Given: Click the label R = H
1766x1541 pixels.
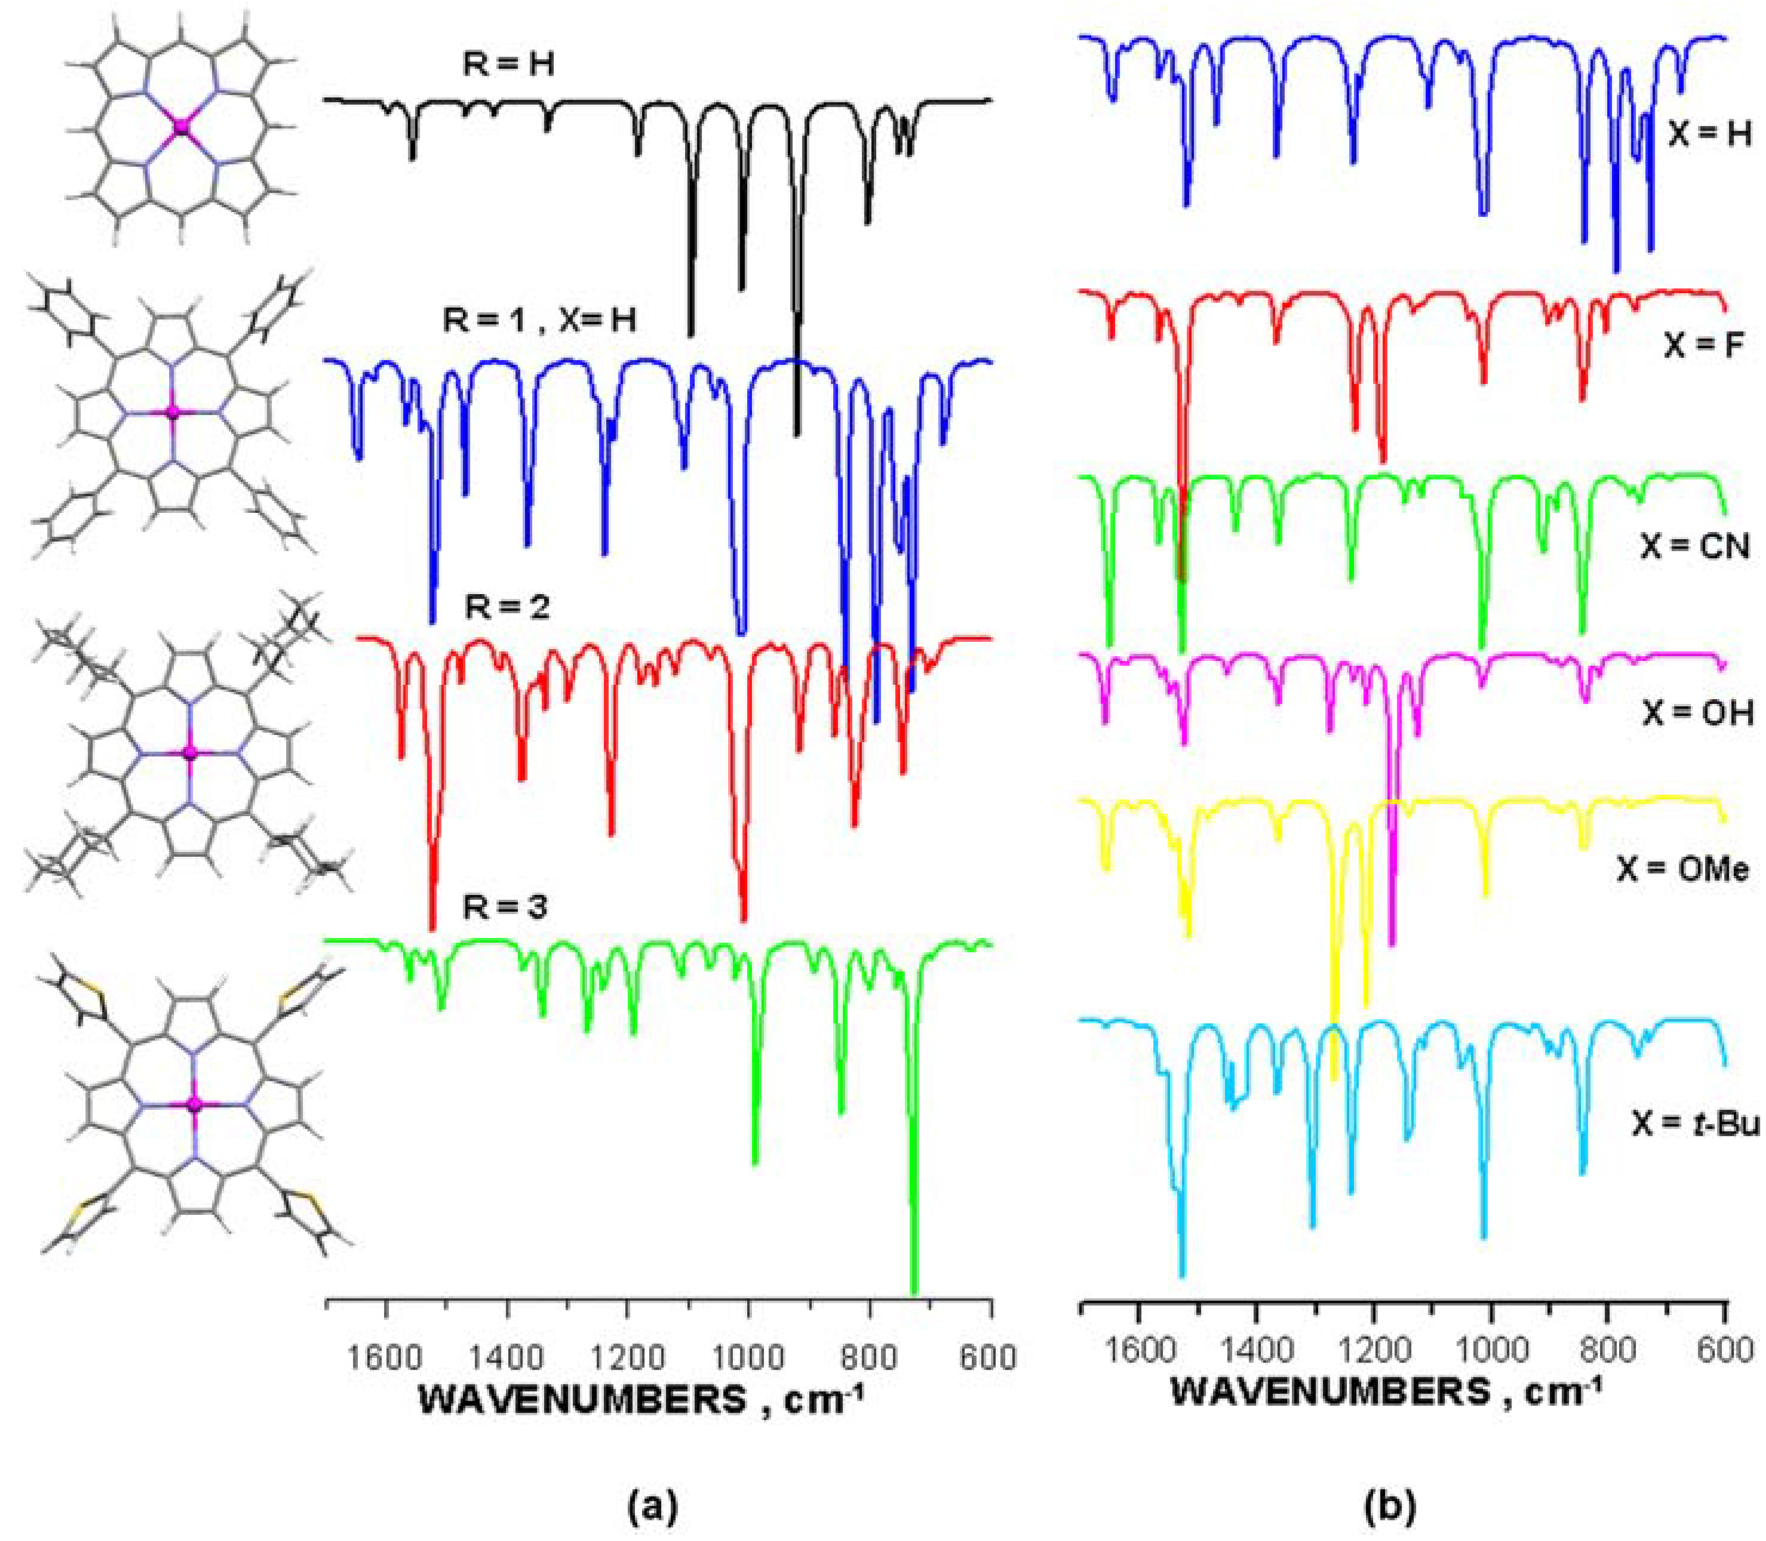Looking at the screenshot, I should coord(508,64).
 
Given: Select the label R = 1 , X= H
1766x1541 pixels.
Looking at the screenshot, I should coord(539,320).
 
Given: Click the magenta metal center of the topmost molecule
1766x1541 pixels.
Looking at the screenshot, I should coord(180,127).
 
